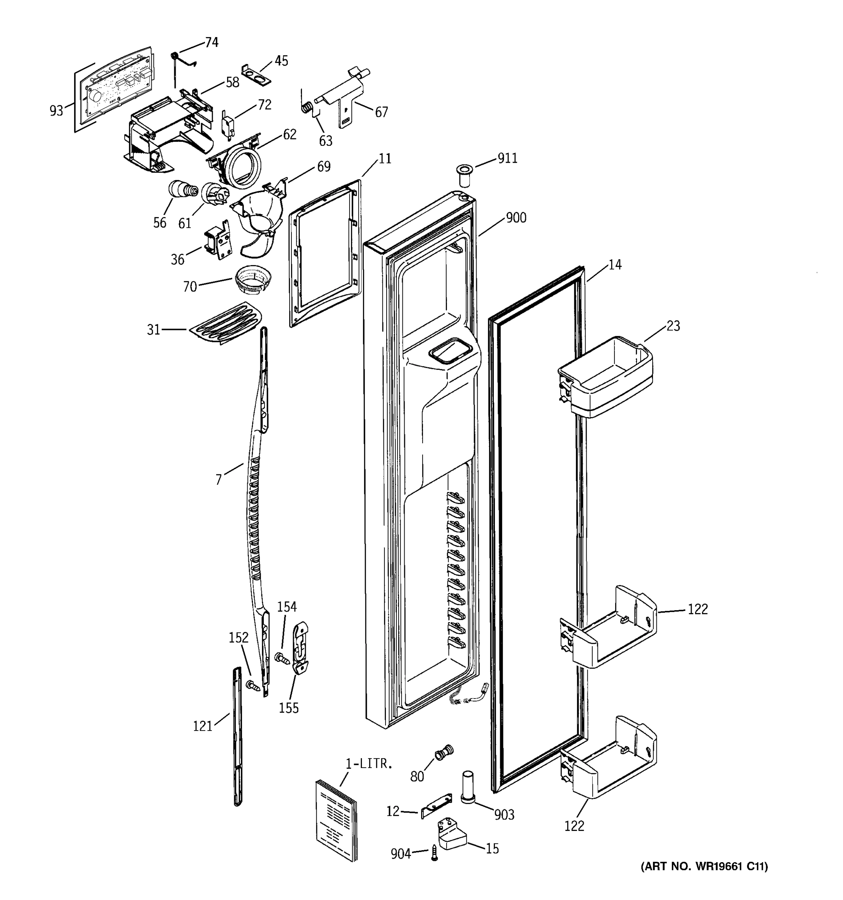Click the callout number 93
(x=56, y=111)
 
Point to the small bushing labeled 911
(x=463, y=175)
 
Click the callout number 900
(x=516, y=218)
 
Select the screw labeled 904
(x=435, y=853)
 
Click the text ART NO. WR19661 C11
(x=704, y=867)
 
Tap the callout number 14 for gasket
(x=614, y=265)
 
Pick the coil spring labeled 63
(x=306, y=108)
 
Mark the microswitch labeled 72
(x=227, y=122)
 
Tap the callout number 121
(x=203, y=726)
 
